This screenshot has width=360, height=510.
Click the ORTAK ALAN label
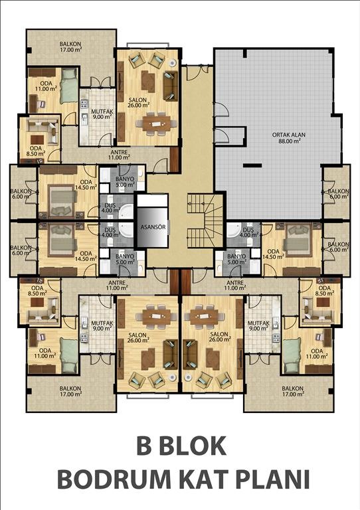click(289, 135)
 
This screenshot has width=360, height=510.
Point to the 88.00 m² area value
click(289, 141)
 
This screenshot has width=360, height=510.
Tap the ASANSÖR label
click(153, 227)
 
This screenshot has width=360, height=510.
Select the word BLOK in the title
click(194, 446)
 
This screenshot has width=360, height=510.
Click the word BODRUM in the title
click(114, 479)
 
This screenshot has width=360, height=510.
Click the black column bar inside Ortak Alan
click(252, 165)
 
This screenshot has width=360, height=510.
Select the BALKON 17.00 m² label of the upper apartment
click(70, 47)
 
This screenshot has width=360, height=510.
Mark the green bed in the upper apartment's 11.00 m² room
click(69, 86)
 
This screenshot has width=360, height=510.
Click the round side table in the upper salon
click(173, 62)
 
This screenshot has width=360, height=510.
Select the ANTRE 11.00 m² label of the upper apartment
click(119, 155)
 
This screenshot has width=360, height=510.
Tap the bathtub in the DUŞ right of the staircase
click(233, 230)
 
